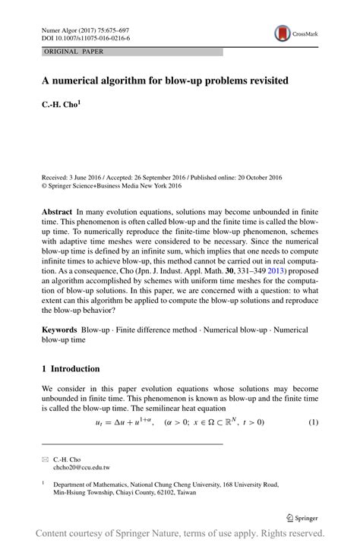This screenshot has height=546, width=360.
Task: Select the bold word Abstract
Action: click(x=58, y=207)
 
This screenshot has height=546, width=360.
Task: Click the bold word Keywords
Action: click(x=60, y=330)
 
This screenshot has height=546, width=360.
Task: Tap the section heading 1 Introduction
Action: click(x=71, y=369)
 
